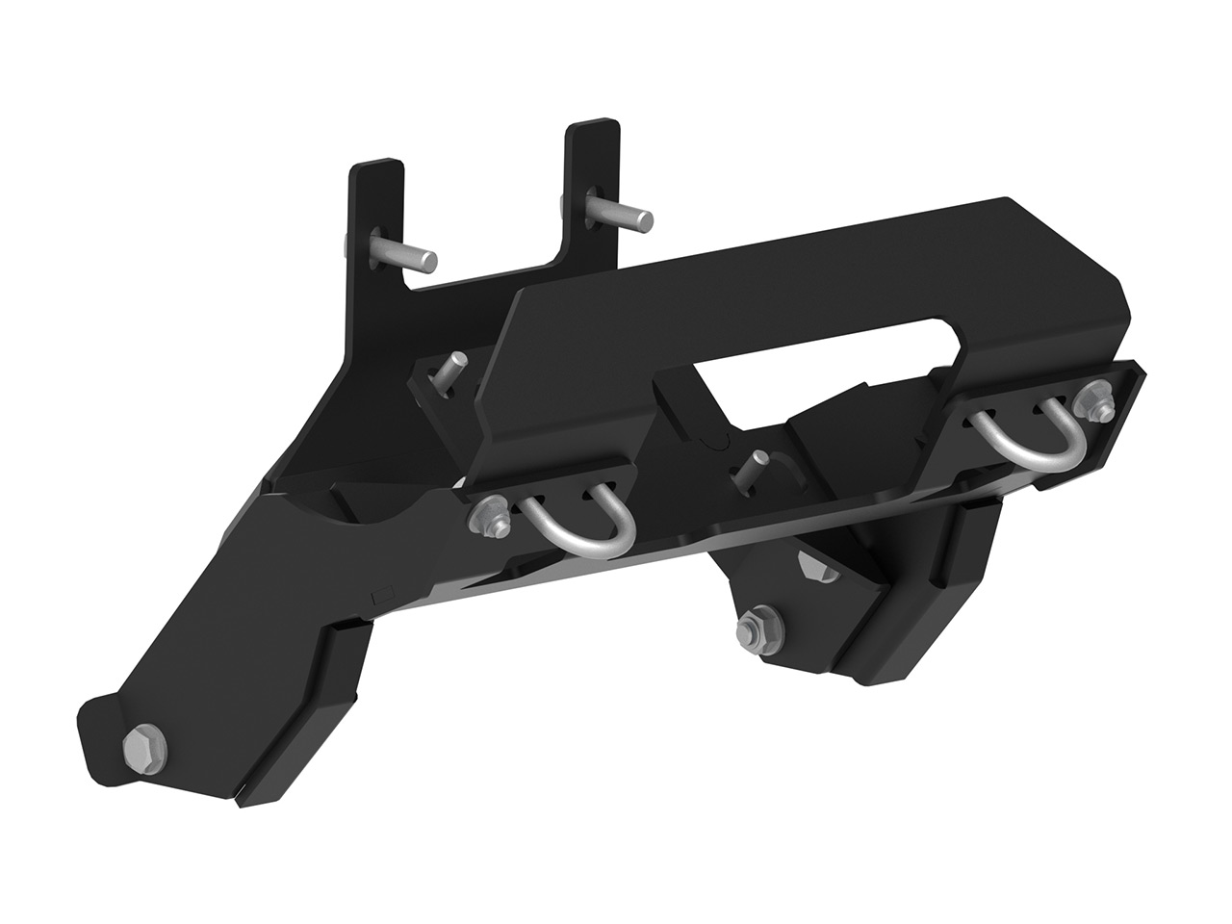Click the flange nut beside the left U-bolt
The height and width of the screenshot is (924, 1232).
(x=488, y=519)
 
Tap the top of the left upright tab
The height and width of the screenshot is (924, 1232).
(x=374, y=164)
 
